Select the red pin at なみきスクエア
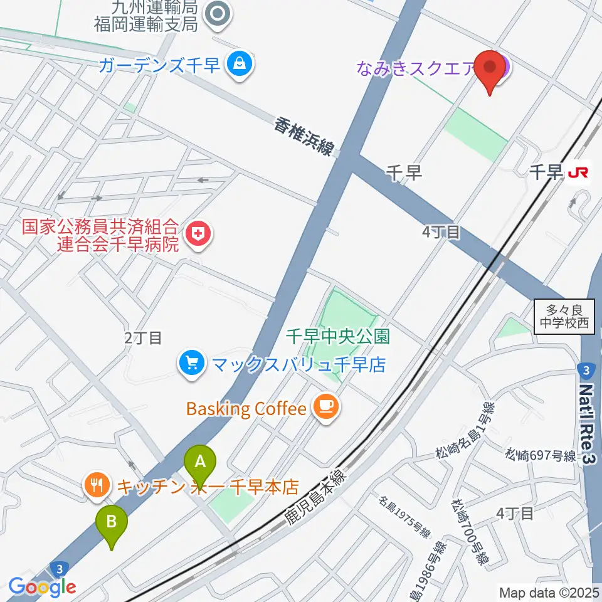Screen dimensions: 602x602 490,70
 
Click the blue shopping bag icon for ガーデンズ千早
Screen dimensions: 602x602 239,63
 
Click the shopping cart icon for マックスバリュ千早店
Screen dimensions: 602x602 189,364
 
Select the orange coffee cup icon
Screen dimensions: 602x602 325,408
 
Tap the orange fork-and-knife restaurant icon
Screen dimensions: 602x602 97,485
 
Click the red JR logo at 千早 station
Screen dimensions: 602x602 578,172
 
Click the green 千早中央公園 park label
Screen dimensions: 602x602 338,336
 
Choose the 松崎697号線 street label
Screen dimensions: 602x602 541,455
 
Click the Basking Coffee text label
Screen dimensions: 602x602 246,409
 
